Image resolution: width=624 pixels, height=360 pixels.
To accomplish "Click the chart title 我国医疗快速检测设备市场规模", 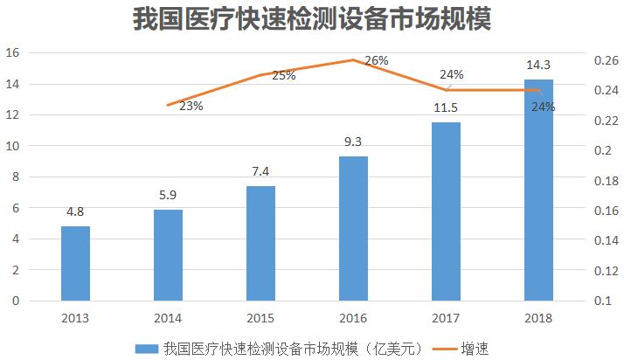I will coord(311,19).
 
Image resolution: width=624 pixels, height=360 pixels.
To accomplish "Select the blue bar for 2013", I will coord(75,263).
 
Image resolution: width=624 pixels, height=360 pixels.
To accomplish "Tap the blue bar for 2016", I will coord(353,228).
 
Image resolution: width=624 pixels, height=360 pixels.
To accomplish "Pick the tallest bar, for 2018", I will coord(538,190).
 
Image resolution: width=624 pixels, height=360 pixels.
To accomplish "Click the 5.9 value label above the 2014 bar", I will coord(168,197).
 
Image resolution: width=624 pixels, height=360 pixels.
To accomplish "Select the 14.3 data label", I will coord(538,65).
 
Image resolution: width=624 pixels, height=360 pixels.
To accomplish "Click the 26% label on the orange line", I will coord(376,60).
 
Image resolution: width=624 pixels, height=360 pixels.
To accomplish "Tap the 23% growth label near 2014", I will coord(191,106).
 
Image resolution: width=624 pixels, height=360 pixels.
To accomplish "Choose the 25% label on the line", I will coord(283,76).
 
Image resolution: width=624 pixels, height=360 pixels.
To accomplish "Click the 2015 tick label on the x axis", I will coord(260,317).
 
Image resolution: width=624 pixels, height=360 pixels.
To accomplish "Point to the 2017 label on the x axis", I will coord(446,317).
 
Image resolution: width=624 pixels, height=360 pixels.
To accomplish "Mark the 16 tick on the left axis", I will coord(13,52).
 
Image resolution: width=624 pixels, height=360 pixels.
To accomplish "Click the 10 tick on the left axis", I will coord(13,146).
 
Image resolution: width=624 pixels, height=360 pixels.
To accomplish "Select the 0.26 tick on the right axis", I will coord(605,60).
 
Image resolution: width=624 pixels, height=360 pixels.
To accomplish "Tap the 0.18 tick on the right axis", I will coord(605,181).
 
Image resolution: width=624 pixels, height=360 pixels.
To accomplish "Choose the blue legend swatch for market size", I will coord(145,348).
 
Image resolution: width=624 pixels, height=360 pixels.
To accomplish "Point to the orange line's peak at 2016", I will coord(353,60).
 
